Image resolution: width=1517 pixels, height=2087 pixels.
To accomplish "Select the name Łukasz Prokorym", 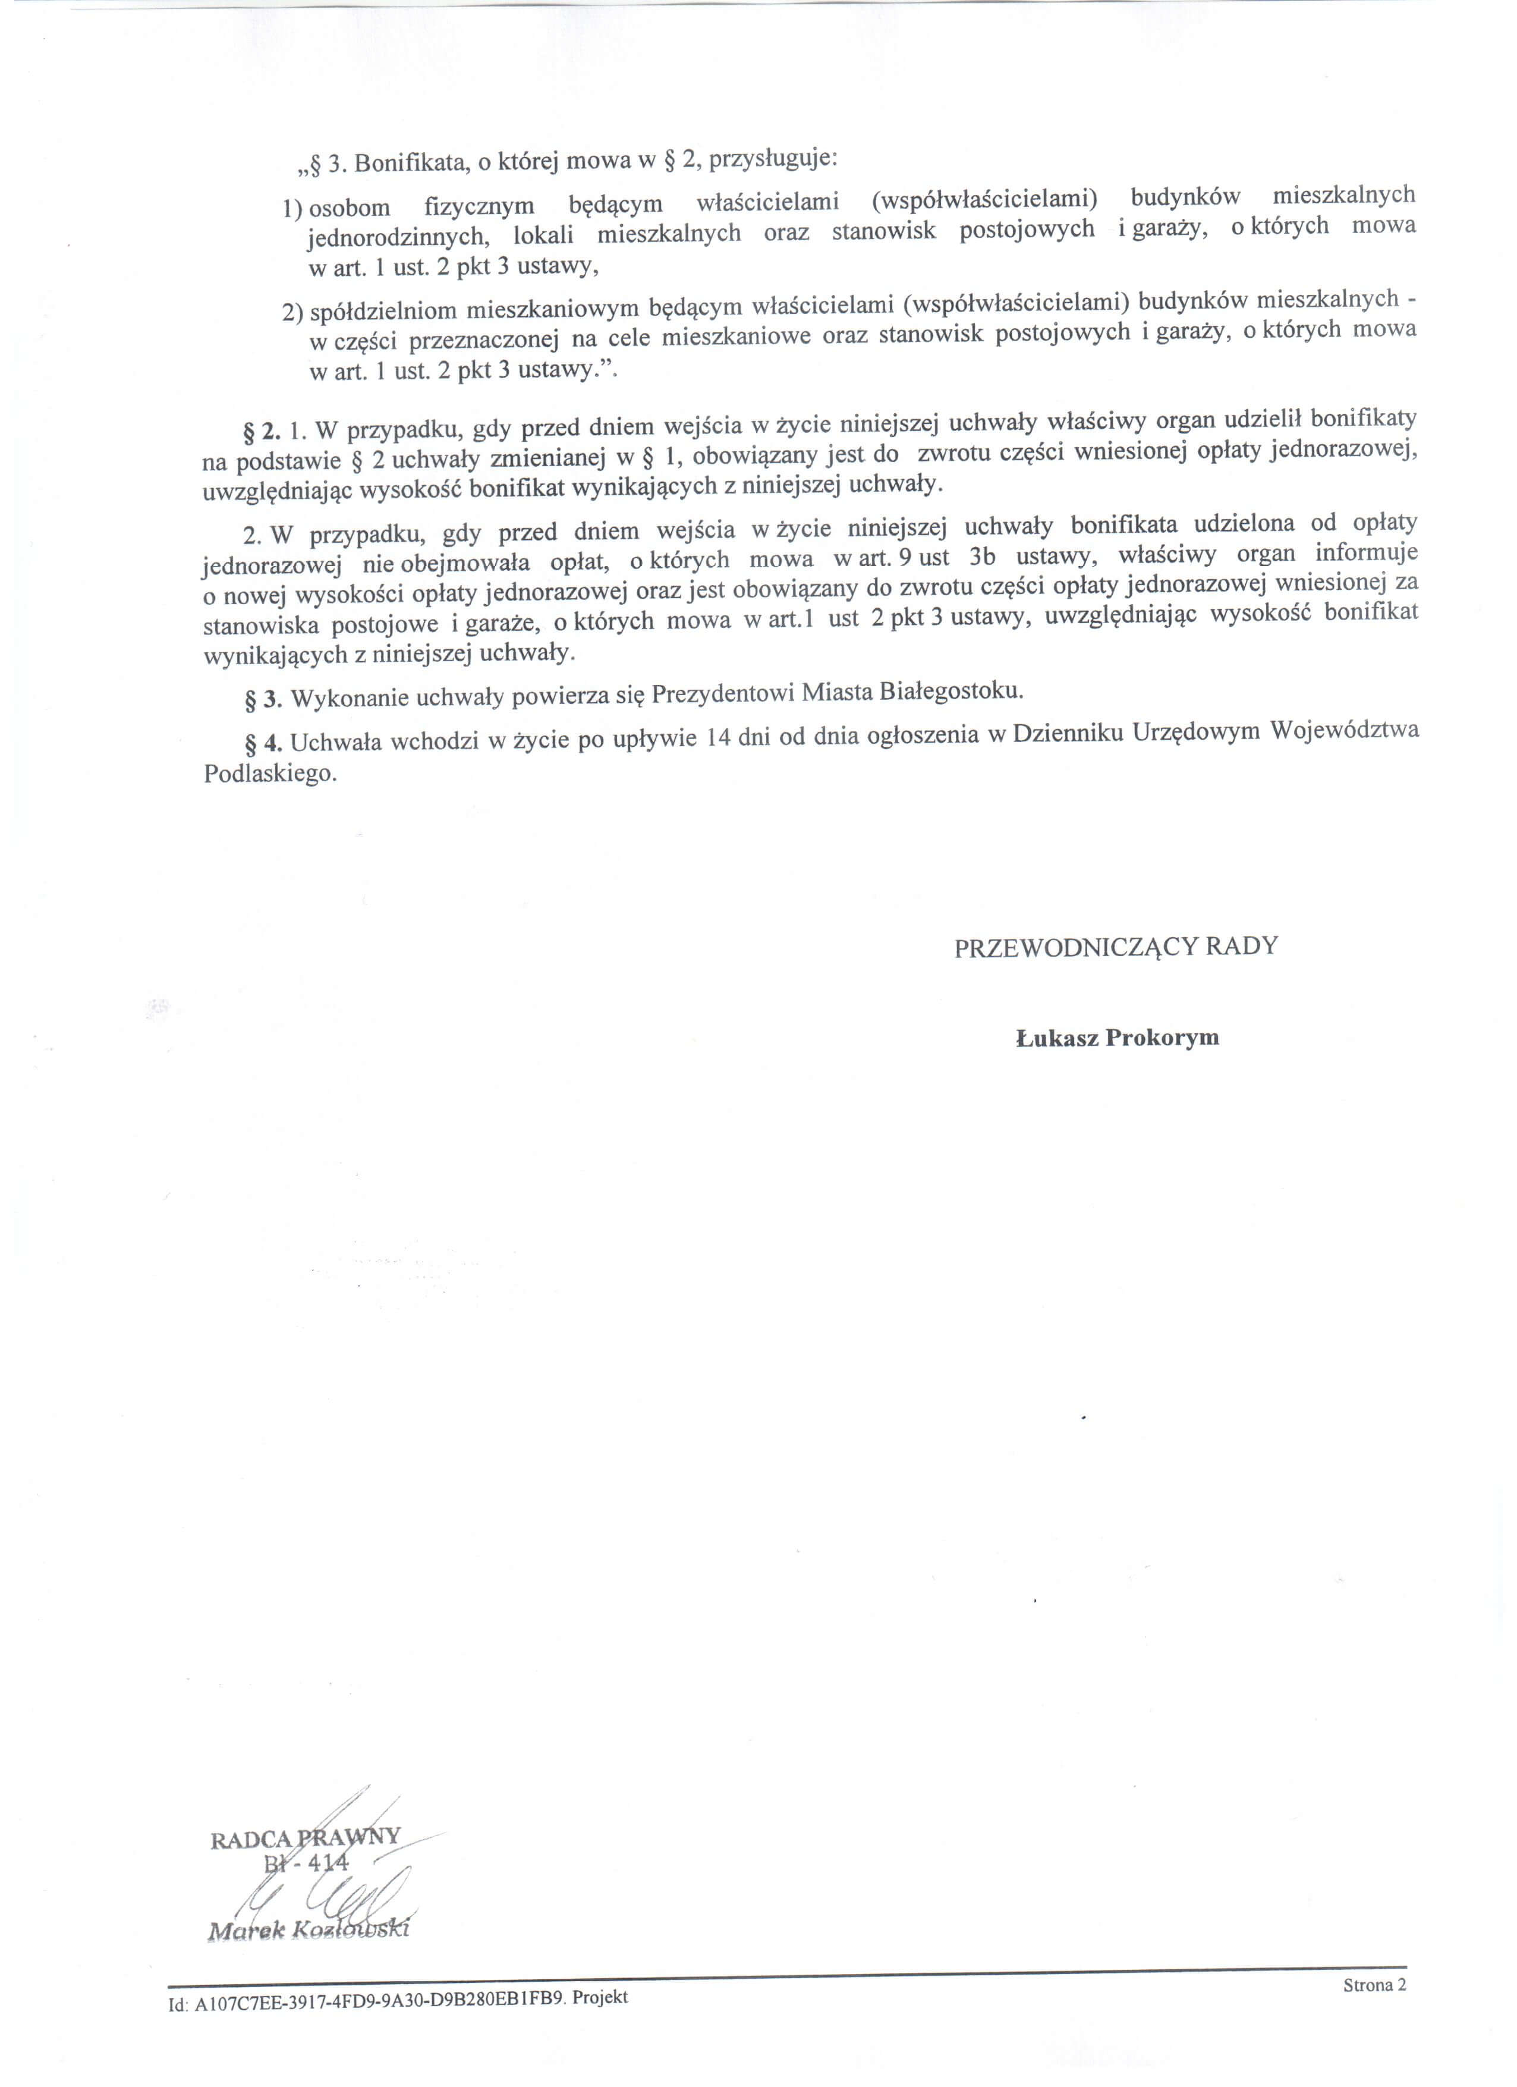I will point(1118,1038).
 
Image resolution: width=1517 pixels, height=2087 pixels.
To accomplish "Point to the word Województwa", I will point(1344,730).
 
